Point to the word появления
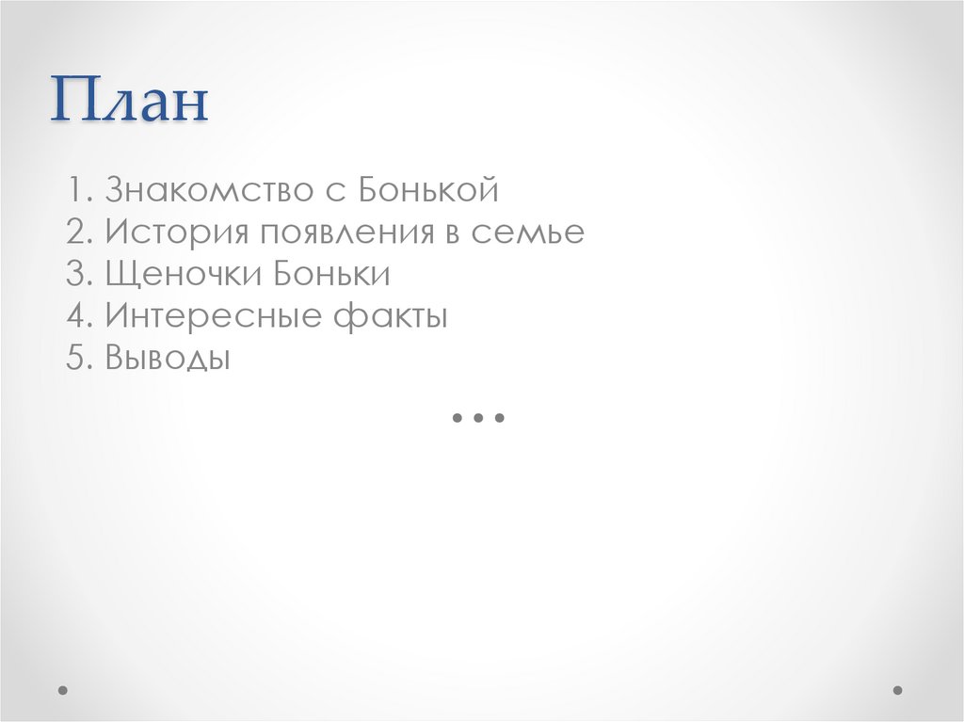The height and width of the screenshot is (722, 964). [343, 233]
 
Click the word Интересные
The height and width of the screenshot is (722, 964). [215, 317]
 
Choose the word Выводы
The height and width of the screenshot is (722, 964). [168, 359]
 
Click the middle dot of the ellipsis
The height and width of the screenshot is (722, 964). [479, 417]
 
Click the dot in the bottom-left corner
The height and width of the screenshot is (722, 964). [63, 690]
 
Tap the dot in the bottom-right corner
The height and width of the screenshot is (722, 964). [898, 690]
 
